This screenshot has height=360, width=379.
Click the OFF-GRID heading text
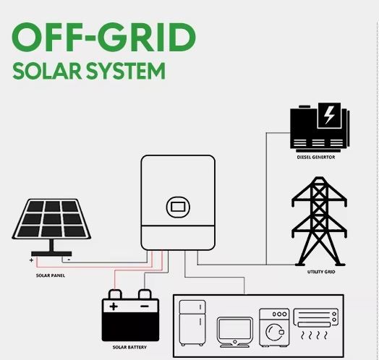pos(104,37)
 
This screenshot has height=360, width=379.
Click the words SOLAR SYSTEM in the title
pos(89,71)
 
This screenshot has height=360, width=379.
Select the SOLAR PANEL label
pos(51,275)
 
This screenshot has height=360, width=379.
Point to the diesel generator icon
pos(320,127)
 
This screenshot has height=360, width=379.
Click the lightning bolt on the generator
pos(329,115)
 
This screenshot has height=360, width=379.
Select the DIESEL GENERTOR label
pos(316,157)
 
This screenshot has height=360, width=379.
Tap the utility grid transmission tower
pos(319,221)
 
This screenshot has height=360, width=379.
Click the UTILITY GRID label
pos(321,272)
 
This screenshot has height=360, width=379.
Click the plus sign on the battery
pos(114,307)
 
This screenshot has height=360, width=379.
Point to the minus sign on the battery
pos(145,306)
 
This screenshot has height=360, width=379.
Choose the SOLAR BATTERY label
pos(129,347)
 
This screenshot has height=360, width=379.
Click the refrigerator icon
pos(192,323)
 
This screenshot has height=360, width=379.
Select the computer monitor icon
pos(235,333)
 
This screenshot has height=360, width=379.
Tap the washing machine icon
pos(274,327)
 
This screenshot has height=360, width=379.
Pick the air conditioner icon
pos(315,324)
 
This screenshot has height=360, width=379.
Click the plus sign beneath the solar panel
pos(31,260)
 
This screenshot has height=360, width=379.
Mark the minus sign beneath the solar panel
pos(69,260)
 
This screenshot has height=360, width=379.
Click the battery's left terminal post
pos(115,294)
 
